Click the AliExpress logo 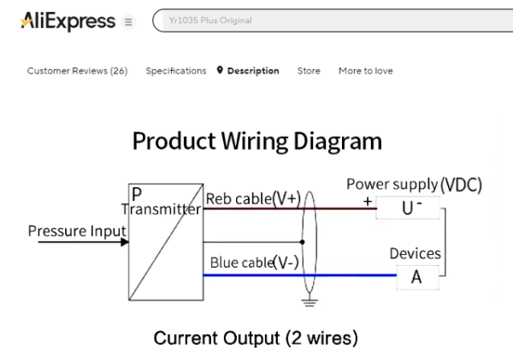pyautogui.click(x=68, y=21)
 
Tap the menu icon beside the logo pyautogui.click(x=129, y=21)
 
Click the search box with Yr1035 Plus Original pyautogui.click(x=333, y=21)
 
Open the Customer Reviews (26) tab pyautogui.click(x=77, y=71)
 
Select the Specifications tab pyautogui.click(x=175, y=71)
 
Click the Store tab pyautogui.click(x=309, y=71)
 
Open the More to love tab pyautogui.click(x=365, y=71)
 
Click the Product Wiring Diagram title pyautogui.click(x=256, y=140)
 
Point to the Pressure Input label pyautogui.click(x=77, y=231)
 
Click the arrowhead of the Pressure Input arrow pyautogui.click(x=125, y=242)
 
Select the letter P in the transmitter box pyautogui.click(x=137, y=194)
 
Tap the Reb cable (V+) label pyautogui.click(x=253, y=198)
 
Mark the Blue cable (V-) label pyautogui.click(x=255, y=263)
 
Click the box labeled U pyautogui.click(x=408, y=208)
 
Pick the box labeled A pyautogui.click(x=416, y=276)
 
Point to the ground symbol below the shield pyautogui.click(x=310, y=302)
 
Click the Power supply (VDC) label pyautogui.click(x=414, y=184)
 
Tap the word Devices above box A pyautogui.click(x=415, y=253)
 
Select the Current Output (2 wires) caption pyautogui.click(x=256, y=338)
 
